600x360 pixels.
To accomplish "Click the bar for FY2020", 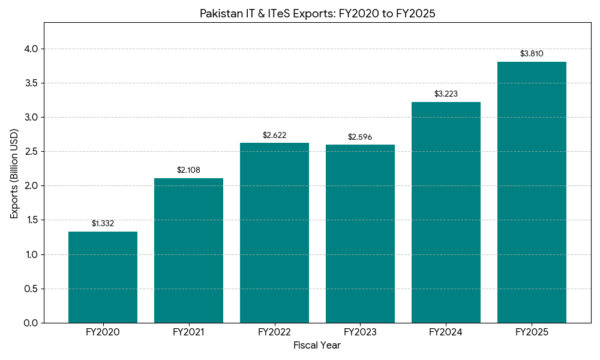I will [103, 277].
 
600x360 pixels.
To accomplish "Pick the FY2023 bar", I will [360, 234].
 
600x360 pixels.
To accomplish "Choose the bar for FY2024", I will [446, 212].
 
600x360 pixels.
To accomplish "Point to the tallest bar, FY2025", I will [532, 192].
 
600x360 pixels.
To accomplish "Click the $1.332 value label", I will [103, 224].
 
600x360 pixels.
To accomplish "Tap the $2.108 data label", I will [188, 170].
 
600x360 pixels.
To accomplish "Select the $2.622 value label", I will [274, 136].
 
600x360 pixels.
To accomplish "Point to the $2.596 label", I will [360, 137].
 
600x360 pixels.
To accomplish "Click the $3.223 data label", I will [446, 94].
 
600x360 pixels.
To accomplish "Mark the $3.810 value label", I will [532, 54].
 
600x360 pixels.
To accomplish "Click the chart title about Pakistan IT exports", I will [317, 14].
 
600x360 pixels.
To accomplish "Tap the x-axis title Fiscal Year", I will [317, 346].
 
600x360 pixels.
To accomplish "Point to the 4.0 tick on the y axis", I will [31, 49].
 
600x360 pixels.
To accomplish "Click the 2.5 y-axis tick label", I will [31, 152].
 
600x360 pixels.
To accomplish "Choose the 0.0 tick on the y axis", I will [31, 323].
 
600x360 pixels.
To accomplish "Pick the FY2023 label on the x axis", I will [360, 332].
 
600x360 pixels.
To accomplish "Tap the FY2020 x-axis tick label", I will [103, 332].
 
